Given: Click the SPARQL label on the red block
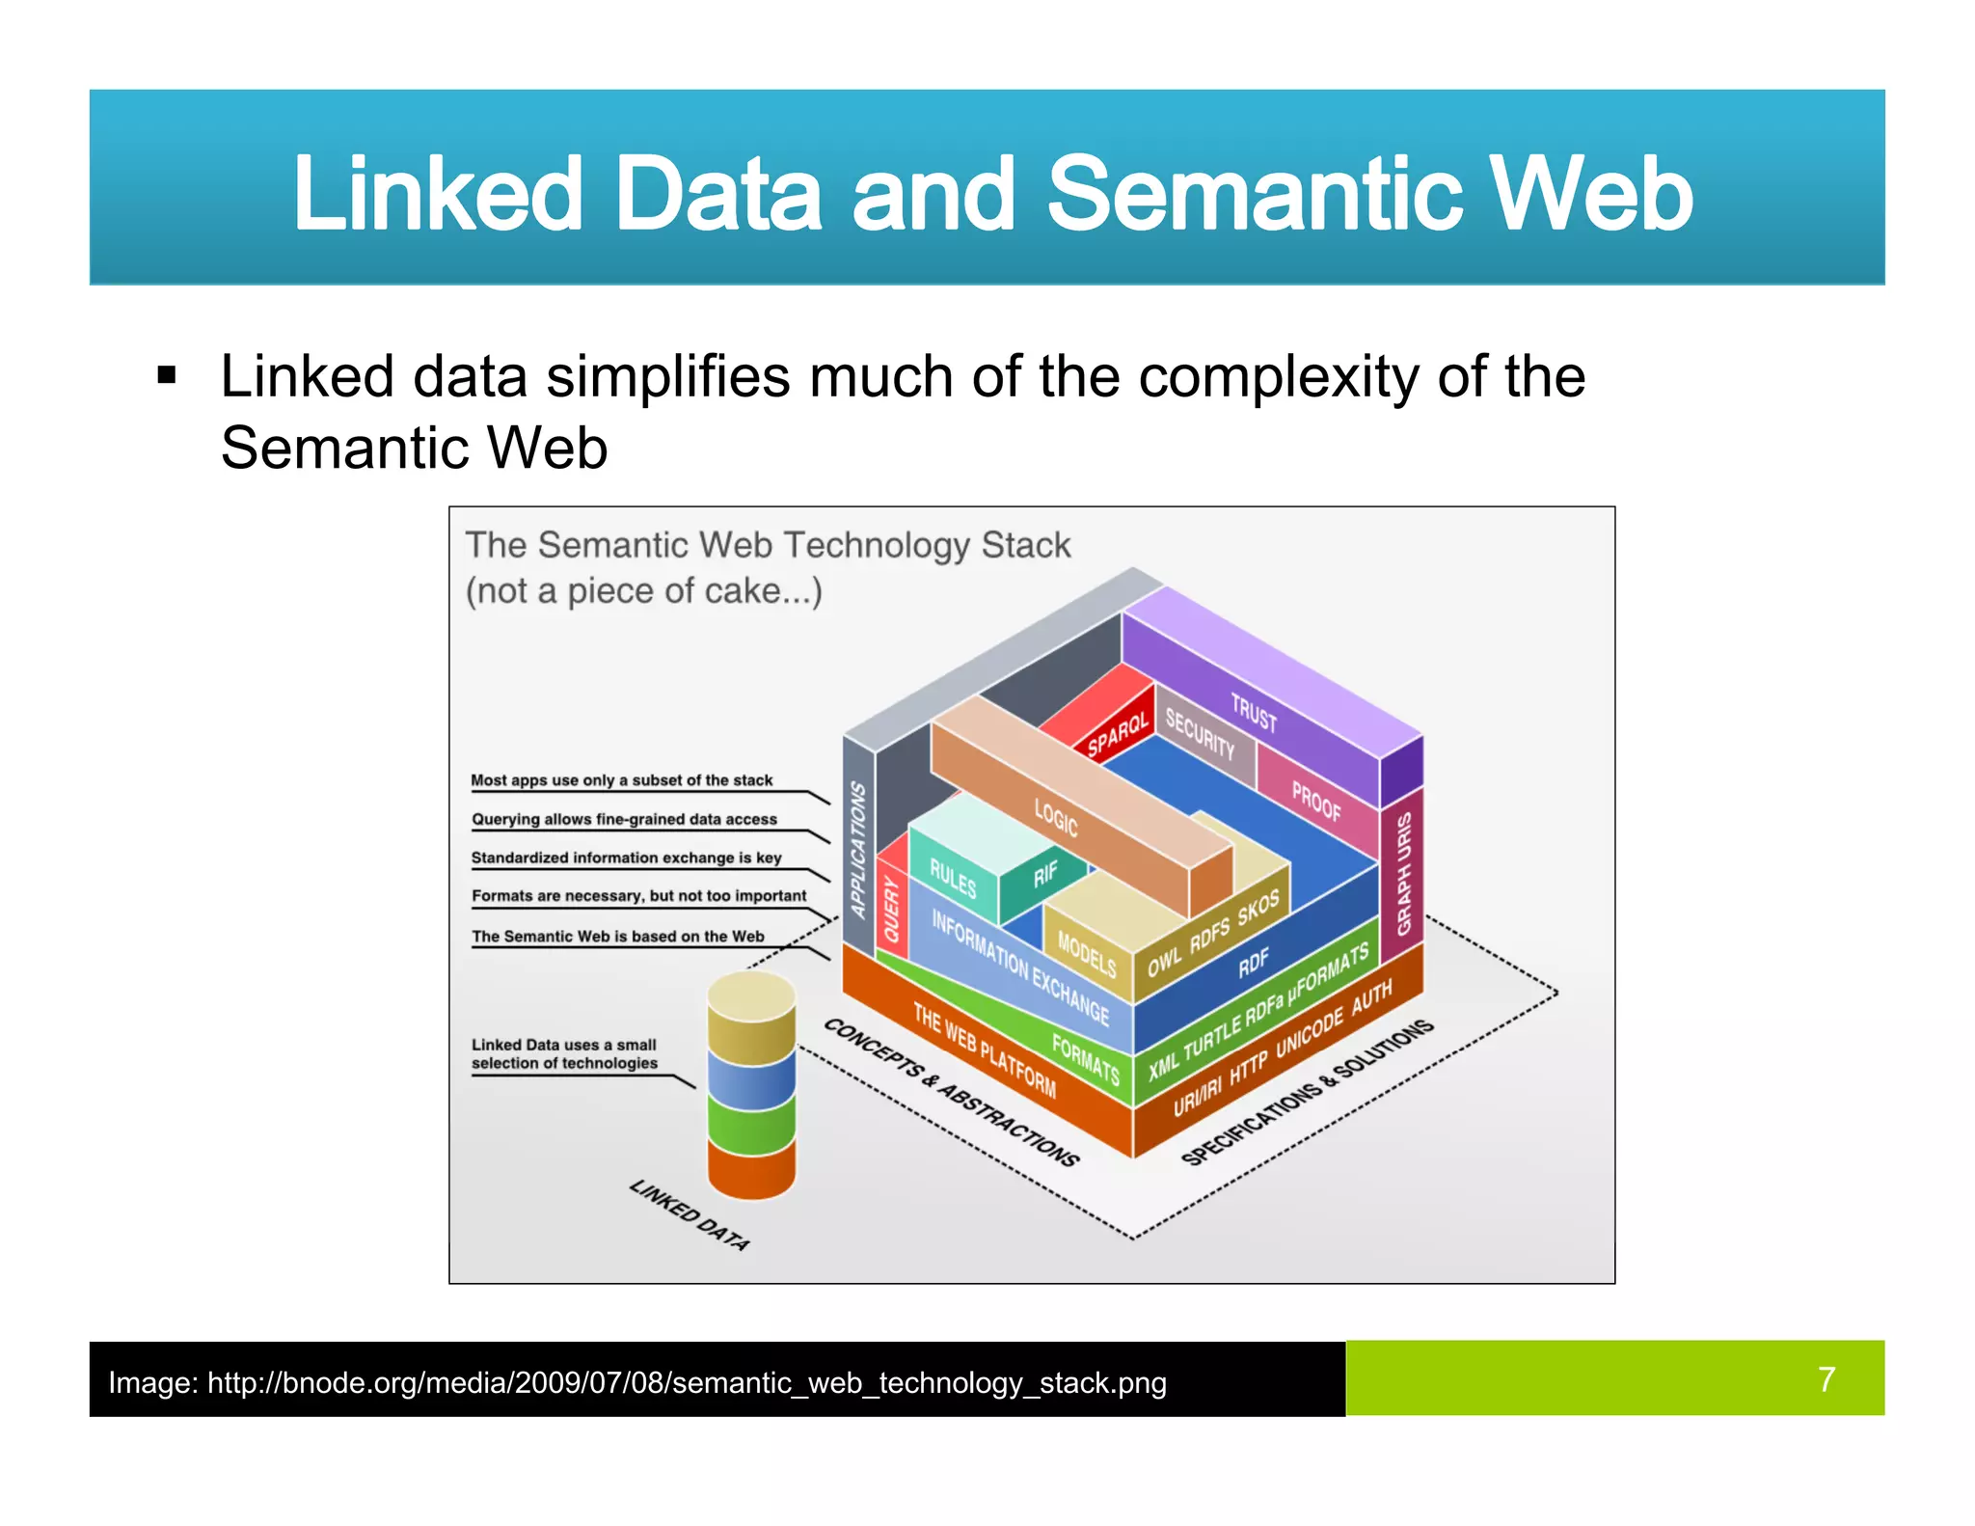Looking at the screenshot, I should coord(1118,735).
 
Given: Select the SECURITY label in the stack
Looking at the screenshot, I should coord(1200,734).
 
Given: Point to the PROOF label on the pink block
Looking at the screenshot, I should coord(1316,802).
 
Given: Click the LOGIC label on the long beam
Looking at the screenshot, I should coord(1056,818).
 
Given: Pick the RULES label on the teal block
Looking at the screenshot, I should coord(953,878).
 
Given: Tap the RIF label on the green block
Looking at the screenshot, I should coord(1045,875).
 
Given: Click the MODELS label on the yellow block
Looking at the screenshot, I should coord(1087,954).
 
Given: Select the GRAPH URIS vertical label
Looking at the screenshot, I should coord(1404,873).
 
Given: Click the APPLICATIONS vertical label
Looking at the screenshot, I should coord(858,850).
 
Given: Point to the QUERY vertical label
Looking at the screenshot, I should coord(892,910).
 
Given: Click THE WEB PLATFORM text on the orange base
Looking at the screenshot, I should coord(985,1050).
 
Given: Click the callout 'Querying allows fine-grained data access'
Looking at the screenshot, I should coord(624,819).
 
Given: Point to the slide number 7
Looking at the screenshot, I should coord(1826,1378).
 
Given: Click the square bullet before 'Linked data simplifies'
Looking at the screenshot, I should coord(167,375).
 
